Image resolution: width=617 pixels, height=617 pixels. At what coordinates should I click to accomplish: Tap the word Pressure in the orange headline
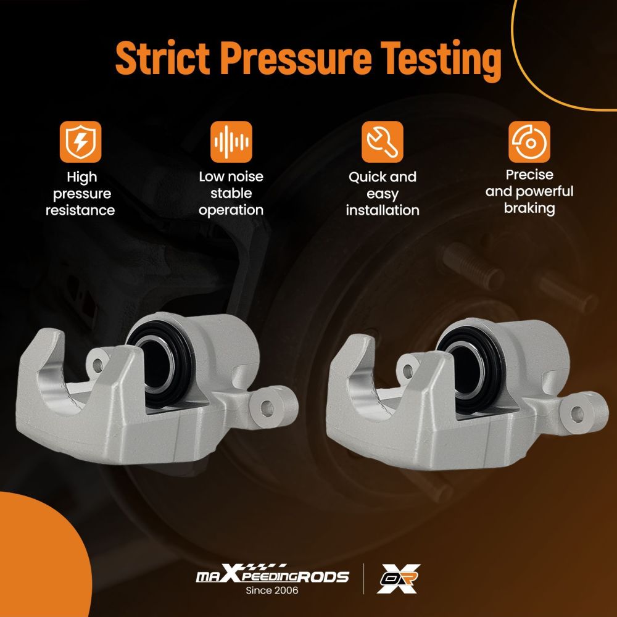296,58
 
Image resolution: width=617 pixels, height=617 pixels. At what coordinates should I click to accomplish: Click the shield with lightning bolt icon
80,142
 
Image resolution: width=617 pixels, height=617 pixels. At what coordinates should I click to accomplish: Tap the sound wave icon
231,142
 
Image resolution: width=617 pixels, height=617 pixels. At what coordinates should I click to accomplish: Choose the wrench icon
382,142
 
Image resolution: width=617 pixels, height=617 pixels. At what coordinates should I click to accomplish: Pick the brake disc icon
529,142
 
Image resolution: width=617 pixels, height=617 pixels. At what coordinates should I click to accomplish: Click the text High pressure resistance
80,194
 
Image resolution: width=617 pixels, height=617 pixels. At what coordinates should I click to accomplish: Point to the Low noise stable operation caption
231,193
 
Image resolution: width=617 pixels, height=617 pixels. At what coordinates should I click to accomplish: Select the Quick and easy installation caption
383,194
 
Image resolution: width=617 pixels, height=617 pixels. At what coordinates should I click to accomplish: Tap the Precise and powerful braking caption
529,192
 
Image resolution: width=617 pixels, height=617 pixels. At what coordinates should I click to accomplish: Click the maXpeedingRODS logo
272,574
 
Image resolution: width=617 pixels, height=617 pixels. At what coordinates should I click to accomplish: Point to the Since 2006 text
272,590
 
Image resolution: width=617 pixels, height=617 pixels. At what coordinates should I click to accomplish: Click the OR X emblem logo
398,578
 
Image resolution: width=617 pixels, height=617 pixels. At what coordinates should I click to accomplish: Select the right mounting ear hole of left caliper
267,408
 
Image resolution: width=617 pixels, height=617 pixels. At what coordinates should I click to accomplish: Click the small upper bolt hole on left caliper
97,365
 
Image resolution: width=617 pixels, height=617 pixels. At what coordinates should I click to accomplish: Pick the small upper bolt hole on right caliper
408,371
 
